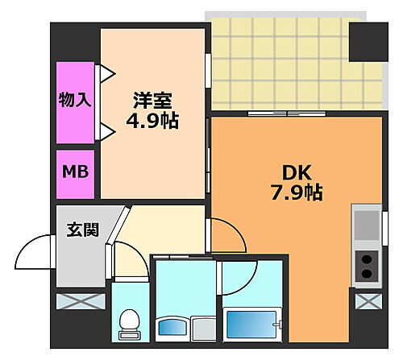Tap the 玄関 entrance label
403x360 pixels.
pyautogui.click(x=82, y=230)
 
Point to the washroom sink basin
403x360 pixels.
pyautogui.click(x=172, y=327)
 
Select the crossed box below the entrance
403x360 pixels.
pyautogui.click(x=81, y=304)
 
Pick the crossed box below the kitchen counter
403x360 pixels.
pyautogui.click(x=367, y=304)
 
